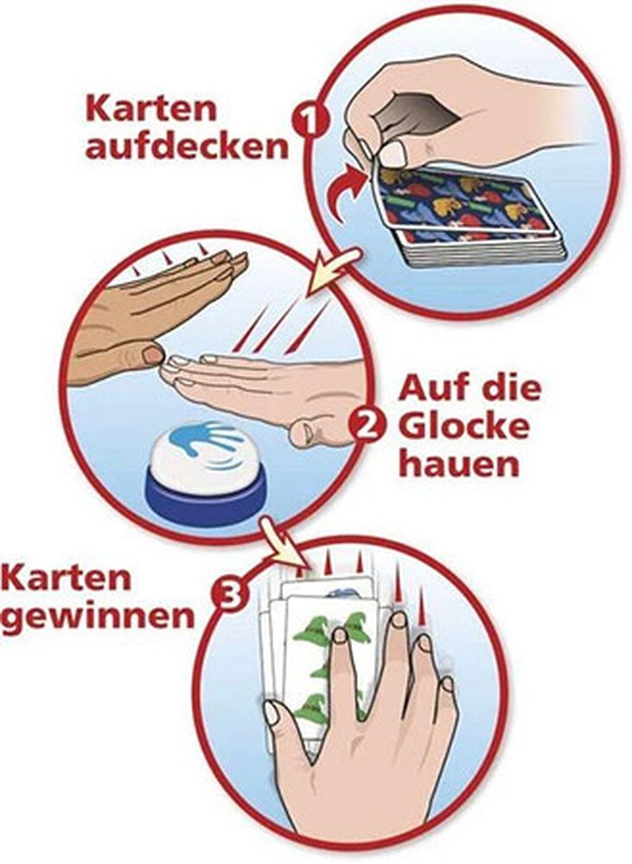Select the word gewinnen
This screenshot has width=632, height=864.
pyautogui.click(x=97, y=617)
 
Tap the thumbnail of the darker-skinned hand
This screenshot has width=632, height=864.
pyautogui.click(x=152, y=354)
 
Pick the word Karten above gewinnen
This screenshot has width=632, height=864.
pyautogui.click(x=67, y=578)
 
